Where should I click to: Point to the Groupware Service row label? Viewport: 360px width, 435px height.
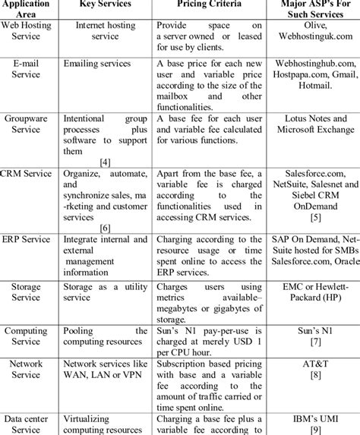[x=27, y=125]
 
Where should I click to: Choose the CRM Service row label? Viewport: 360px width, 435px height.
[x=30, y=174]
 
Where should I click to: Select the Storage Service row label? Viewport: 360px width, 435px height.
[x=27, y=292]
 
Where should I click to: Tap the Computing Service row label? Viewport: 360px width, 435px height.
[x=27, y=336]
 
